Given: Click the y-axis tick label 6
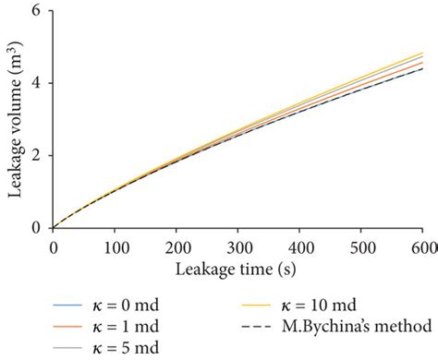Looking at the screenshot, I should pyautogui.click(x=41, y=11).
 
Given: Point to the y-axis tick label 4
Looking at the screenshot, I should pyautogui.click(x=41, y=83).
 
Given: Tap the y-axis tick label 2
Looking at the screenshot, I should pyautogui.click(x=41, y=155).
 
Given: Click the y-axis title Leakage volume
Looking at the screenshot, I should pyautogui.click(x=16, y=117).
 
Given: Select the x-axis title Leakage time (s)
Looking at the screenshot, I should pyautogui.click(x=237, y=268).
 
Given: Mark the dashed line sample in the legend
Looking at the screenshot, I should pyautogui.click(x=250, y=327).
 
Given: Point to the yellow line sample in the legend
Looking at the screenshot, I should pyautogui.click(x=250, y=305).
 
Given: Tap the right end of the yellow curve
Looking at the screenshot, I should pyautogui.click(x=422, y=53).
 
